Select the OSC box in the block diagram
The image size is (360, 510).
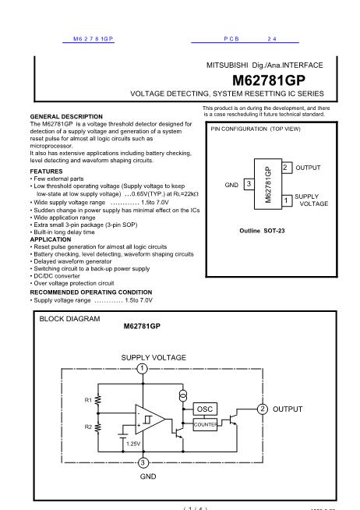point(204,409)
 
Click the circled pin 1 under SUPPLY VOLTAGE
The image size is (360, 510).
point(143,369)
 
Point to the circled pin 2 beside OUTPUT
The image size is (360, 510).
point(263,409)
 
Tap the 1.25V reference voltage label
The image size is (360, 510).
point(132,443)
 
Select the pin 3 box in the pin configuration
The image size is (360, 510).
point(248,183)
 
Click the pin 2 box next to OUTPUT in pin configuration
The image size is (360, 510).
point(286,168)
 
